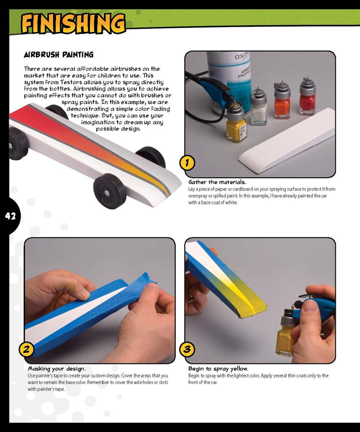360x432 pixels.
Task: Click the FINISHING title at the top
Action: [x=73, y=23]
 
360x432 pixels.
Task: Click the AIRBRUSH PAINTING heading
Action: [x=59, y=55]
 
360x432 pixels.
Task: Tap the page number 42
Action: [x=10, y=216]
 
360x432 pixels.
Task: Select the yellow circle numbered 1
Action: [x=187, y=163]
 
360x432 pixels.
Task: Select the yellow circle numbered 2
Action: [x=26, y=349]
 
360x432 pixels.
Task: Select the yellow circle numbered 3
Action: [x=187, y=349]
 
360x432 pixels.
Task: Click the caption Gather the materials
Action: [x=217, y=182]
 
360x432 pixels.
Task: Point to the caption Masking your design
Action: [x=57, y=368]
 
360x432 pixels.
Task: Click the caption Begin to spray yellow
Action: [x=218, y=368]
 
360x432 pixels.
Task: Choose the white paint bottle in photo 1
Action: [x=259, y=108]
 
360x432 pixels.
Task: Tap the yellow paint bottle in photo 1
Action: [x=236, y=126]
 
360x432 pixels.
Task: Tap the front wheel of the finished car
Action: [x=110, y=190]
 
